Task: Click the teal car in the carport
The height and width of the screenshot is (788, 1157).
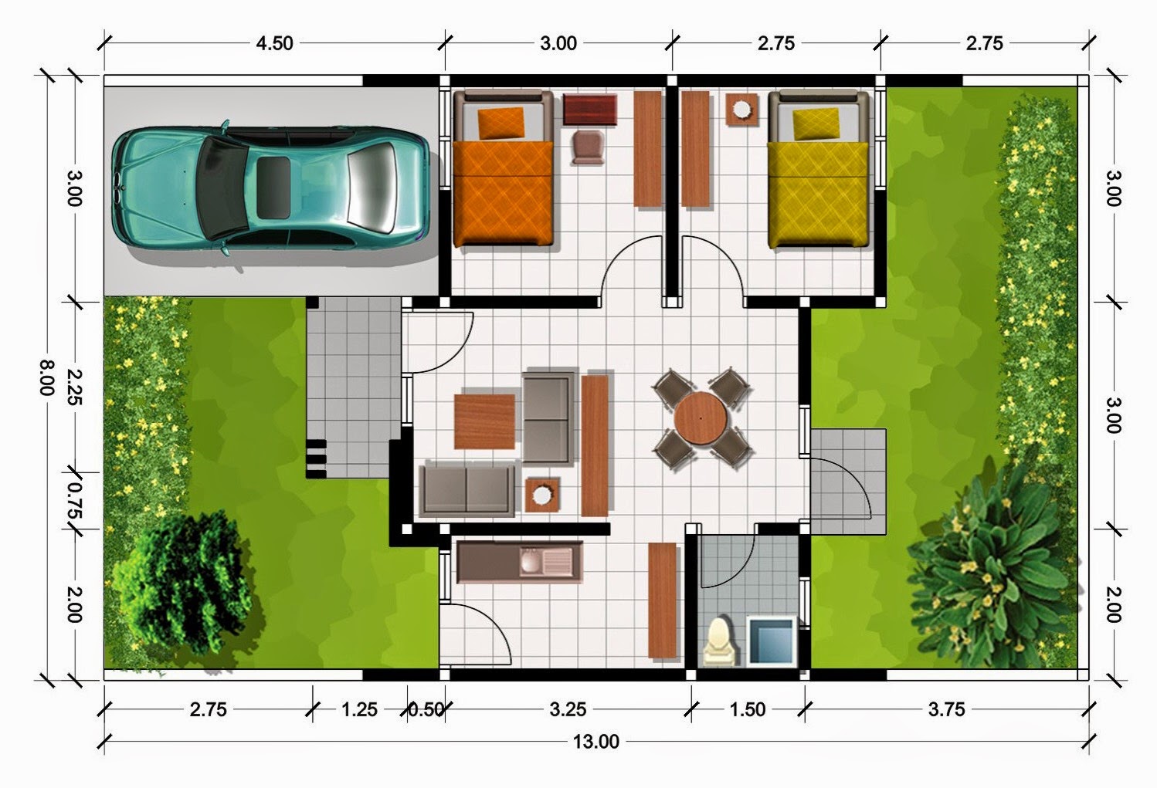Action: (270, 188)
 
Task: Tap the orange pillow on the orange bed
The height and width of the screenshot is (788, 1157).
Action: (501, 122)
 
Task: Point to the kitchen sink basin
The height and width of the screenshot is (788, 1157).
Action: (531, 562)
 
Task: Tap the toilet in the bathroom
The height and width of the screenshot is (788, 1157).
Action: (721, 641)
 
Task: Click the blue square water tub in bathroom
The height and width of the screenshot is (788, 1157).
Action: (771, 641)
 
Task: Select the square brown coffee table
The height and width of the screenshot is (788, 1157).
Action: (484, 421)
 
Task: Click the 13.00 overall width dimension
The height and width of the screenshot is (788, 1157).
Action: (596, 742)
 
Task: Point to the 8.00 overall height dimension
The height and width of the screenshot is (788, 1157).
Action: (46, 377)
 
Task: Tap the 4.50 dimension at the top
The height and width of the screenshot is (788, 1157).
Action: (275, 43)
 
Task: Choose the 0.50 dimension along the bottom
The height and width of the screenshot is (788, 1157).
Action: (426, 709)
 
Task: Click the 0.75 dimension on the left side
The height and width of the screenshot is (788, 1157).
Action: (75, 500)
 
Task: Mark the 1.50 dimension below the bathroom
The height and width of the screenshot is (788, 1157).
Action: (748, 709)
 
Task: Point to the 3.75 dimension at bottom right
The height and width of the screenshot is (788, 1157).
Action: (947, 709)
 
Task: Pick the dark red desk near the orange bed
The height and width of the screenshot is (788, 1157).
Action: (590, 109)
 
